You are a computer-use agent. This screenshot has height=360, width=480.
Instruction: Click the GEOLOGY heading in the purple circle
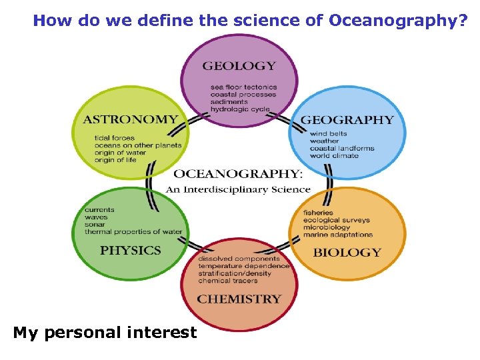click(239, 66)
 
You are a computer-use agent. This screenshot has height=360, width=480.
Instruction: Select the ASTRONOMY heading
click(130, 120)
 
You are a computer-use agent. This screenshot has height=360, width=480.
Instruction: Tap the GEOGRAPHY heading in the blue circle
click(347, 120)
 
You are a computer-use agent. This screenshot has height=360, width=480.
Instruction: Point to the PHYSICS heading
click(131, 251)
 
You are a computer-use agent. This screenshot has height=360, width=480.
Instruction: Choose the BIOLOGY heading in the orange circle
click(347, 253)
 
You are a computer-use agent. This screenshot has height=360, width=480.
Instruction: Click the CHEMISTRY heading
click(239, 299)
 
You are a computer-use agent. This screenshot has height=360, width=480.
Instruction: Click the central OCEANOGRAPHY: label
click(238, 174)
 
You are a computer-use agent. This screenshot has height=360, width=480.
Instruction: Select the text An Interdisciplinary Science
click(238, 189)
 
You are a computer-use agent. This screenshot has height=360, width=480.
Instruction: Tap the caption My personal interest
click(105, 333)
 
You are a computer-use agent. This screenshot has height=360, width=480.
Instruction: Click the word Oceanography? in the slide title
click(397, 21)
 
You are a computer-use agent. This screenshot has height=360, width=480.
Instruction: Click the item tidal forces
click(114, 138)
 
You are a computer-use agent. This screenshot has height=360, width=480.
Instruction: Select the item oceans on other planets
click(137, 145)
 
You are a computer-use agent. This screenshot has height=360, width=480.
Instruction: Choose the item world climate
click(333, 156)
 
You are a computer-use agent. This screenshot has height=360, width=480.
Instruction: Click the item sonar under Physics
click(95, 225)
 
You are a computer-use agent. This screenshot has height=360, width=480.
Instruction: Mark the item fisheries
click(318, 213)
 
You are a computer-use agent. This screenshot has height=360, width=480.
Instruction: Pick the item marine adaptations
click(338, 235)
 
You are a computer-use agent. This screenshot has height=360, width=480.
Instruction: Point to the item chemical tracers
click(227, 281)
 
